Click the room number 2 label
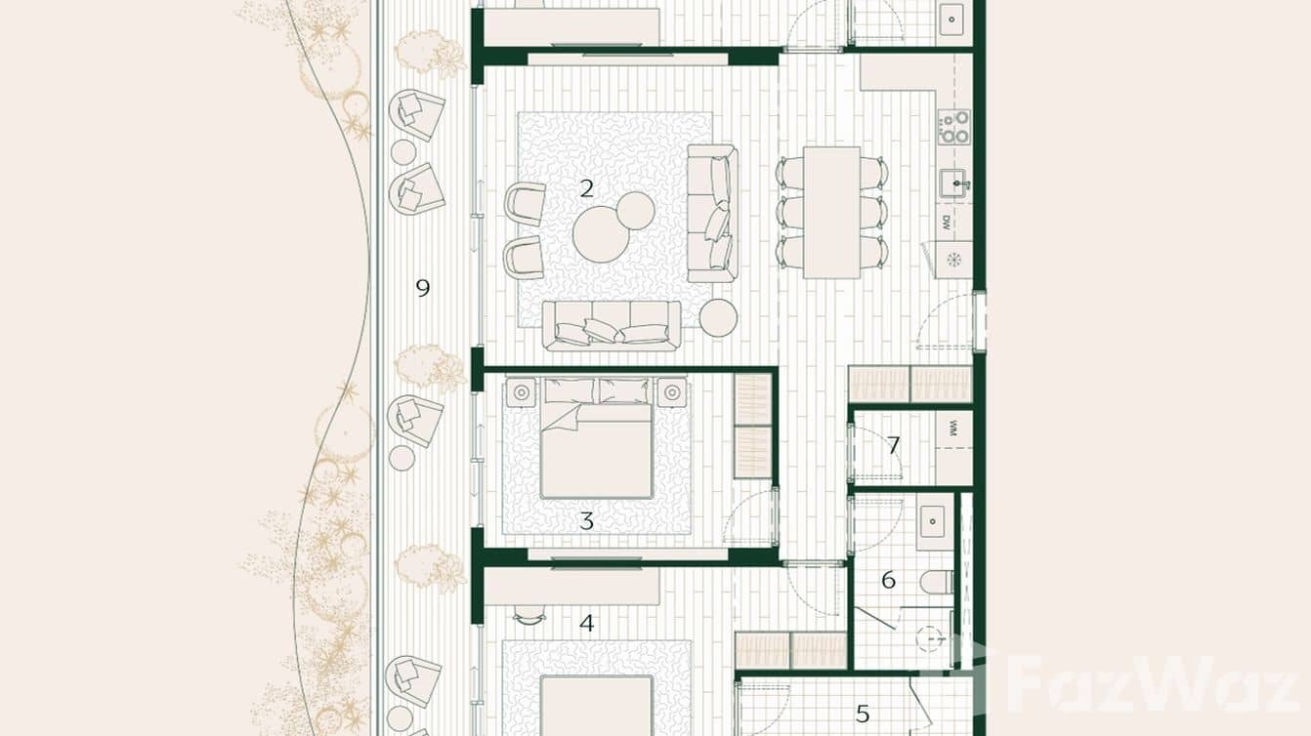(x=586, y=188)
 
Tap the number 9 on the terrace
(x=422, y=288)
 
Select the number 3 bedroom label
(x=586, y=521)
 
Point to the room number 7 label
(x=893, y=446)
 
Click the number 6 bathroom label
(x=888, y=580)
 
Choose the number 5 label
(x=862, y=714)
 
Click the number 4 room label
(x=586, y=623)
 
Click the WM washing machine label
(x=952, y=428)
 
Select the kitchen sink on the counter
(x=954, y=183)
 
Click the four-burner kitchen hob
(x=954, y=127)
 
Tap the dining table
(x=832, y=211)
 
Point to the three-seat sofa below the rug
(x=612, y=325)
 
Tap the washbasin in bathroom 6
(x=934, y=520)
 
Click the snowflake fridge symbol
(x=953, y=260)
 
